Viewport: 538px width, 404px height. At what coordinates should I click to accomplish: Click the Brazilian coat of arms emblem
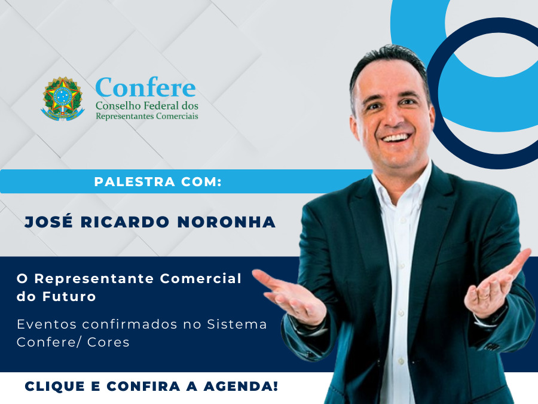63,99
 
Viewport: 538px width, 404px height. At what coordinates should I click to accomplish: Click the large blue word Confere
145,87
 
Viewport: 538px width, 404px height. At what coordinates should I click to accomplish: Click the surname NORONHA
227,222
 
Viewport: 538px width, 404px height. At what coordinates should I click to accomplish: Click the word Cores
108,342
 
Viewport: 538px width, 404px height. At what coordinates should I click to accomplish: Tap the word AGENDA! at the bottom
240,386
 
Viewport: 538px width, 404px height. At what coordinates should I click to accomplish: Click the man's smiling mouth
396,138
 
